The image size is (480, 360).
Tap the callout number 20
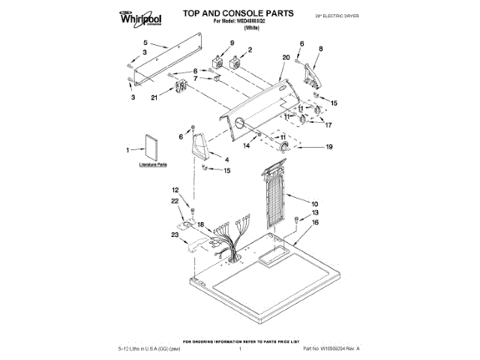286,57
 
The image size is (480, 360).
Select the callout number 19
328,148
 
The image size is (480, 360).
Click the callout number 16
315,223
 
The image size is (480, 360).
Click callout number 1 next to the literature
128,150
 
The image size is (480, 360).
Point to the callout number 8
321,49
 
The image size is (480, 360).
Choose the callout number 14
245,146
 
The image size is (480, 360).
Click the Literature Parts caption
152,163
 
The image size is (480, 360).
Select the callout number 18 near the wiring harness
200,224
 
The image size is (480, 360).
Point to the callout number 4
226,159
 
